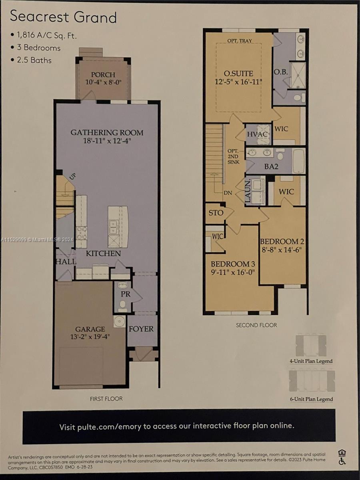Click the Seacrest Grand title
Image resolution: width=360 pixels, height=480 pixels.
(x=63, y=17)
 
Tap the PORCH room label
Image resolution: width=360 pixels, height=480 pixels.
(x=103, y=75)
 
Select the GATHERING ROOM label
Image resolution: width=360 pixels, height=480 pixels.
(x=107, y=132)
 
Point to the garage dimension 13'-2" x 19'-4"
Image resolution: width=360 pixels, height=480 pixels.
(x=90, y=337)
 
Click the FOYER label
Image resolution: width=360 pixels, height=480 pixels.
(x=141, y=329)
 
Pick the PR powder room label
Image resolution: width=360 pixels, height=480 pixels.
(x=126, y=294)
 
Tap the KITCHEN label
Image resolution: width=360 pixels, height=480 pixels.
(x=103, y=254)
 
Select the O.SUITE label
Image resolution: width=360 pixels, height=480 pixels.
(x=238, y=74)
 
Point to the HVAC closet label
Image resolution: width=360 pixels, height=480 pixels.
(x=257, y=134)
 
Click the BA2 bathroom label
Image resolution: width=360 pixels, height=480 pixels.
(x=271, y=167)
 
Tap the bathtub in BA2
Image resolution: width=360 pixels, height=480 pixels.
(x=298, y=161)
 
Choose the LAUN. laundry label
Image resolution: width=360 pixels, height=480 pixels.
(x=248, y=191)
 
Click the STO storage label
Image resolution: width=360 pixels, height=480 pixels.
(x=216, y=213)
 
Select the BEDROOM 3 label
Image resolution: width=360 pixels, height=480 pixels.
(x=233, y=264)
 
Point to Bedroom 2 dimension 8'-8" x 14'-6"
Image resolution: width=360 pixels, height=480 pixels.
(x=282, y=250)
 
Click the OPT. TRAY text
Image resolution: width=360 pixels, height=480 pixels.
(x=240, y=41)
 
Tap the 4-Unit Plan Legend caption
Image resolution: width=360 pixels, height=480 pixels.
(x=311, y=361)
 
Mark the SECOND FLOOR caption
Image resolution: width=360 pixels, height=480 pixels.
(x=256, y=325)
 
